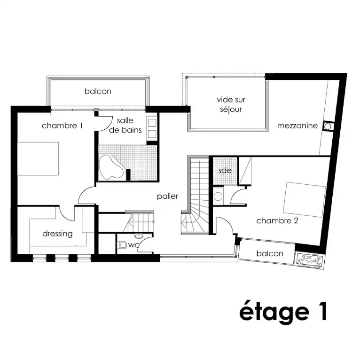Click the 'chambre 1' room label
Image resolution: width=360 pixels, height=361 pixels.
62,126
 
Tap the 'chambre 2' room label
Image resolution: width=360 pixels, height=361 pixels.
277,221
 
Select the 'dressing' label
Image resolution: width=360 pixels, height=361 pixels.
57,234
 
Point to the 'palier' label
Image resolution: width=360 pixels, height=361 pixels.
168,196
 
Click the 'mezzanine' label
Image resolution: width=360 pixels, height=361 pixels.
297,126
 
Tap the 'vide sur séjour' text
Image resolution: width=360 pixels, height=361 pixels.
231,104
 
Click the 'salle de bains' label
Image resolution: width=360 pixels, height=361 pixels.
125,125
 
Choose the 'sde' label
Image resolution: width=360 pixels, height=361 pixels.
225,170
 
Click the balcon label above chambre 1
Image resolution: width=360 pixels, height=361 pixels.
98,91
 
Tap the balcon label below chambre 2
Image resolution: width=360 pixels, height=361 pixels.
270,253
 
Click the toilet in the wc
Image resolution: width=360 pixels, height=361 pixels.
122,245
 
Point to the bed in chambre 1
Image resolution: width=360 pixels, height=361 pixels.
38,158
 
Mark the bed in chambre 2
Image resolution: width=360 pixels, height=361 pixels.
304,200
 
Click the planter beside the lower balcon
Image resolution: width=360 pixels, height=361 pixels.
310,260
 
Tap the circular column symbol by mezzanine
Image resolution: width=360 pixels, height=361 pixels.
328,126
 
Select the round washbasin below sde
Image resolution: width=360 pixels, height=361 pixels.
218,196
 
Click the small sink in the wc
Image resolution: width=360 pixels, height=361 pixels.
139,236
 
